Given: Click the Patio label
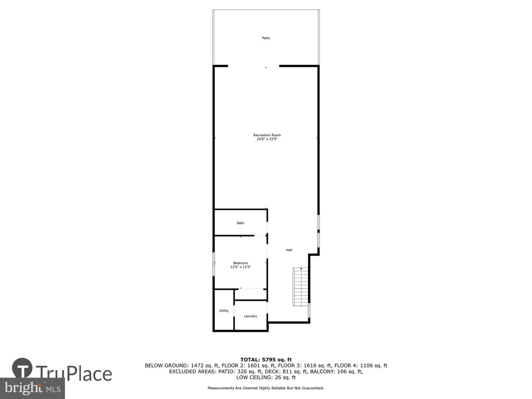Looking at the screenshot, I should (266, 38).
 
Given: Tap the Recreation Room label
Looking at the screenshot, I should (267, 135).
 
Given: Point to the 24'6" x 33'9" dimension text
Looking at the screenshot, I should (267, 139).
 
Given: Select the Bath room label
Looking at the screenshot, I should (241, 223).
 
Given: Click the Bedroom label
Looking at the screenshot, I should (241, 263).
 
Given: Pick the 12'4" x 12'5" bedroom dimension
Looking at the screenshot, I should (241, 267).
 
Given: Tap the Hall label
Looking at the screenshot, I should (289, 250).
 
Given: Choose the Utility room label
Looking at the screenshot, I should (224, 311).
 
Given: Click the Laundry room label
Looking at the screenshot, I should (250, 316).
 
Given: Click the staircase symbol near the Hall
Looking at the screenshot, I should (301, 287).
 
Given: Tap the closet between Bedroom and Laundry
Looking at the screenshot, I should (251, 294).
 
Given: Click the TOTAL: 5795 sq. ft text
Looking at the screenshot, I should (266, 359).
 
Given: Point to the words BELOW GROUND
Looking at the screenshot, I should (166, 366).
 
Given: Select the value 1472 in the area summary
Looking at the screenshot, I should (198, 366).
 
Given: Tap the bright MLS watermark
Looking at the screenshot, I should (32, 388).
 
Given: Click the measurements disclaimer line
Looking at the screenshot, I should (266, 388).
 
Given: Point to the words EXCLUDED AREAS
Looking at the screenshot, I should (191, 372).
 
